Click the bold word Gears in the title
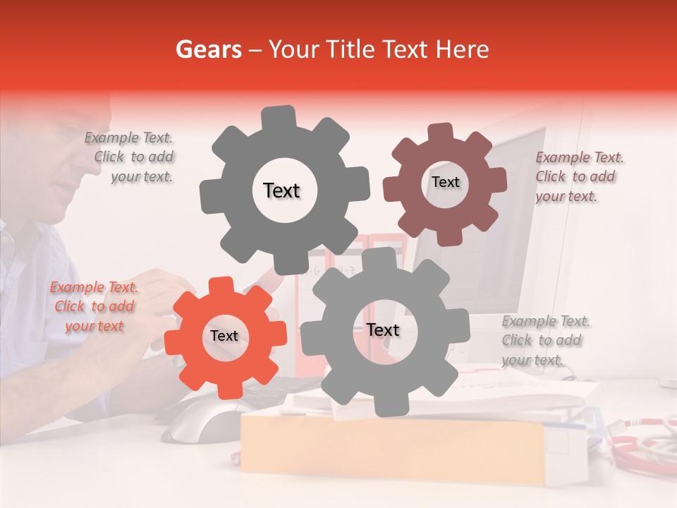(209, 49)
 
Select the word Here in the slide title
(463, 49)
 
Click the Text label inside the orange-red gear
(224, 337)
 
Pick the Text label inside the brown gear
(446, 182)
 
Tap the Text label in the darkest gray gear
(282, 190)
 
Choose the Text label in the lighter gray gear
(383, 330)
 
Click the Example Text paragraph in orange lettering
(94, 307)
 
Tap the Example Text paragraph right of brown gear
(578, 177)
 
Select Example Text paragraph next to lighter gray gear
(544, 341)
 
